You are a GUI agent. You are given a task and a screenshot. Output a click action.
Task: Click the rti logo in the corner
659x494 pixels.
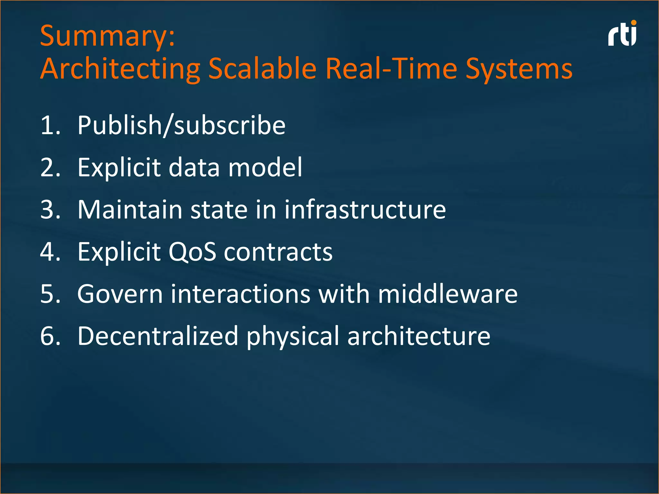[x=622, y=34]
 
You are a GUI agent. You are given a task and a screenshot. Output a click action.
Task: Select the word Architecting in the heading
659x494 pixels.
[x=120, y=69]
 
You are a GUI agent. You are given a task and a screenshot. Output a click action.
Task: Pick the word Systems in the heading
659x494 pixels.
[x=519, y=69]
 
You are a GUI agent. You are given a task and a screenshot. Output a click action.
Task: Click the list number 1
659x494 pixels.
[x=50, y=125]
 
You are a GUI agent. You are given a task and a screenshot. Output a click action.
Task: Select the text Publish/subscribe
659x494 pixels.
[x=181, y=125]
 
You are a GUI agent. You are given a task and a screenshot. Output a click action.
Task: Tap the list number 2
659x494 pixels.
[x=50, y=167]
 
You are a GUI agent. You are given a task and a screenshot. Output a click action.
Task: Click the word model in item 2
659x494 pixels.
[x=265, y=167]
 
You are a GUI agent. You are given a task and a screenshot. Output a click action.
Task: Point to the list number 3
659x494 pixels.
[x=50, y=210]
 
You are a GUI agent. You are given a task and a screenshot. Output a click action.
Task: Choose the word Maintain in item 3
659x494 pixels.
[x=130, y=210]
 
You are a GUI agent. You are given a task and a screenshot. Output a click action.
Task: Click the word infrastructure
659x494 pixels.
[x=365, y=210]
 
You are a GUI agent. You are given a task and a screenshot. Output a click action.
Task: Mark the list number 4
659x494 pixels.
[x=50, y=252]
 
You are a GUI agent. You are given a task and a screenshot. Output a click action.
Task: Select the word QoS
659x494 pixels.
[x=192, y=252]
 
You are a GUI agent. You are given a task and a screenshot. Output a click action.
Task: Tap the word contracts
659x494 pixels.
[x=278, y=252]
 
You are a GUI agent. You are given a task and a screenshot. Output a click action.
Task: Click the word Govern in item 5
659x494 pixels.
[x=120, y=294]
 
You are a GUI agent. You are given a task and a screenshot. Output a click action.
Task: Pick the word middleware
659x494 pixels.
[x=448, y=294]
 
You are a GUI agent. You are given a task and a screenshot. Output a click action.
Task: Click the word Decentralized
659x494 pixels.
[x=158, y=336]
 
